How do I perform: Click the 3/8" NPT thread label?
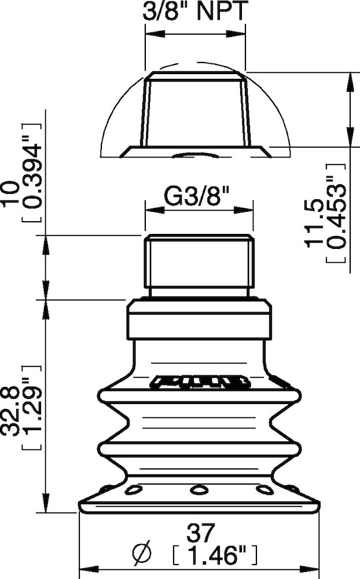tap(195, 12)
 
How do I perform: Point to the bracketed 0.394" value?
tap(31, 174)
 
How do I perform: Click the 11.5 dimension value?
tap(314, 224)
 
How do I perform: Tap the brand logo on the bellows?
tap(200, 382)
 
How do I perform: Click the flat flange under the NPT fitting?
tap(196, 151)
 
